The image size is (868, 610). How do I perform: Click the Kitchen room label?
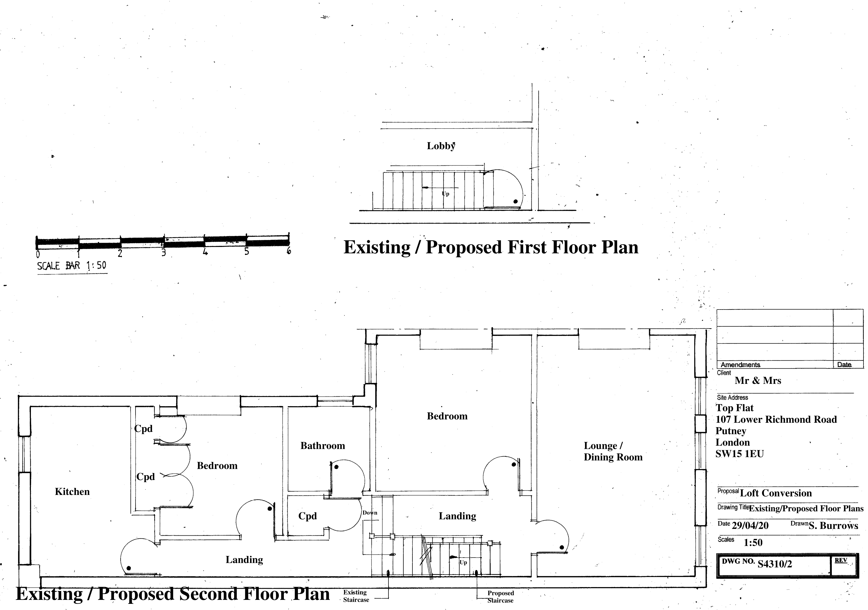click(72, 492)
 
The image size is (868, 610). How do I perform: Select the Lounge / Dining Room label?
click(613, 451)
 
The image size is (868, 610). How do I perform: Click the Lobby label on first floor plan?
click(441, 146)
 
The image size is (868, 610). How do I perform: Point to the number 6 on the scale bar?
click(289, 251)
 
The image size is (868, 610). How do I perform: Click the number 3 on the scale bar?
click(164, 252)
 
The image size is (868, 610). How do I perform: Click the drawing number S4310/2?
click(775, 564)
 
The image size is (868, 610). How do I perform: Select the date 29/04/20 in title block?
click(750, 526)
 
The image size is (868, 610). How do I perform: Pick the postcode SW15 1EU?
click(739, 454)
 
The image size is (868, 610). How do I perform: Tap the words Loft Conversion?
click(776, 493)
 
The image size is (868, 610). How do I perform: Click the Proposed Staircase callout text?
click(501, 597)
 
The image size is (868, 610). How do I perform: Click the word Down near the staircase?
click(370, 513)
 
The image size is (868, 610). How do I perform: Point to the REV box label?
click(841, 560)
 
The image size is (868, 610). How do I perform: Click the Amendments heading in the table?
click(740, 365)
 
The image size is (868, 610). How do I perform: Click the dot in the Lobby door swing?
click(515, 202)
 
